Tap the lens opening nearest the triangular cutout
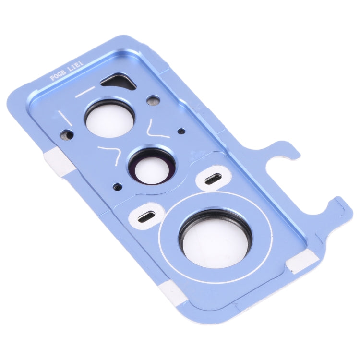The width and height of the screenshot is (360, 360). (110, 118)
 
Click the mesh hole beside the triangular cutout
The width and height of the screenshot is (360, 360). (153, 102)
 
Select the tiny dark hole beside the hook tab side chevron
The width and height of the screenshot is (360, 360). (180, 131)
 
